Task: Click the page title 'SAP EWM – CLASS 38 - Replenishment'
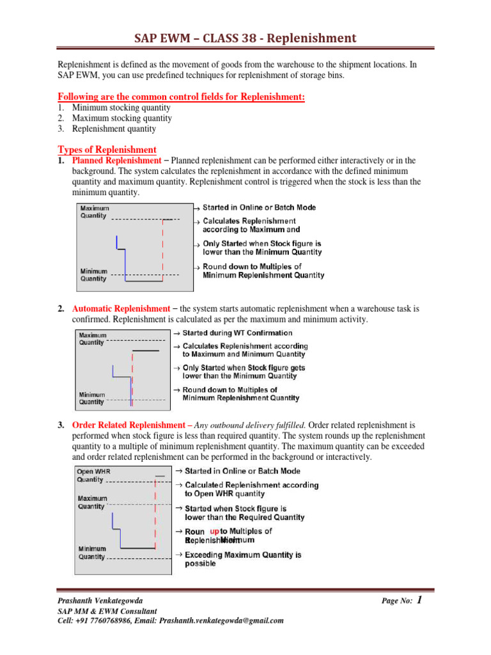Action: point(245,38)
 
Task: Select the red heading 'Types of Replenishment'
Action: point(107,150)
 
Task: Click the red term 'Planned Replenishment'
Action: point(117,160)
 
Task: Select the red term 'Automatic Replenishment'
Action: point(121,308)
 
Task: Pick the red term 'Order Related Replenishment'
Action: point(129,425)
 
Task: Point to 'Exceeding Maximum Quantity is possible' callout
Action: point(243,559)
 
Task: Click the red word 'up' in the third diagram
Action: point(214,531)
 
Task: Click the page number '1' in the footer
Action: point(419,600)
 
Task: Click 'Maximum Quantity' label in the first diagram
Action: point(95,212)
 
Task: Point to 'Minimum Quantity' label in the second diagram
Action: point(91,399)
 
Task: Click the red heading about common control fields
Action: point(182,97)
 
